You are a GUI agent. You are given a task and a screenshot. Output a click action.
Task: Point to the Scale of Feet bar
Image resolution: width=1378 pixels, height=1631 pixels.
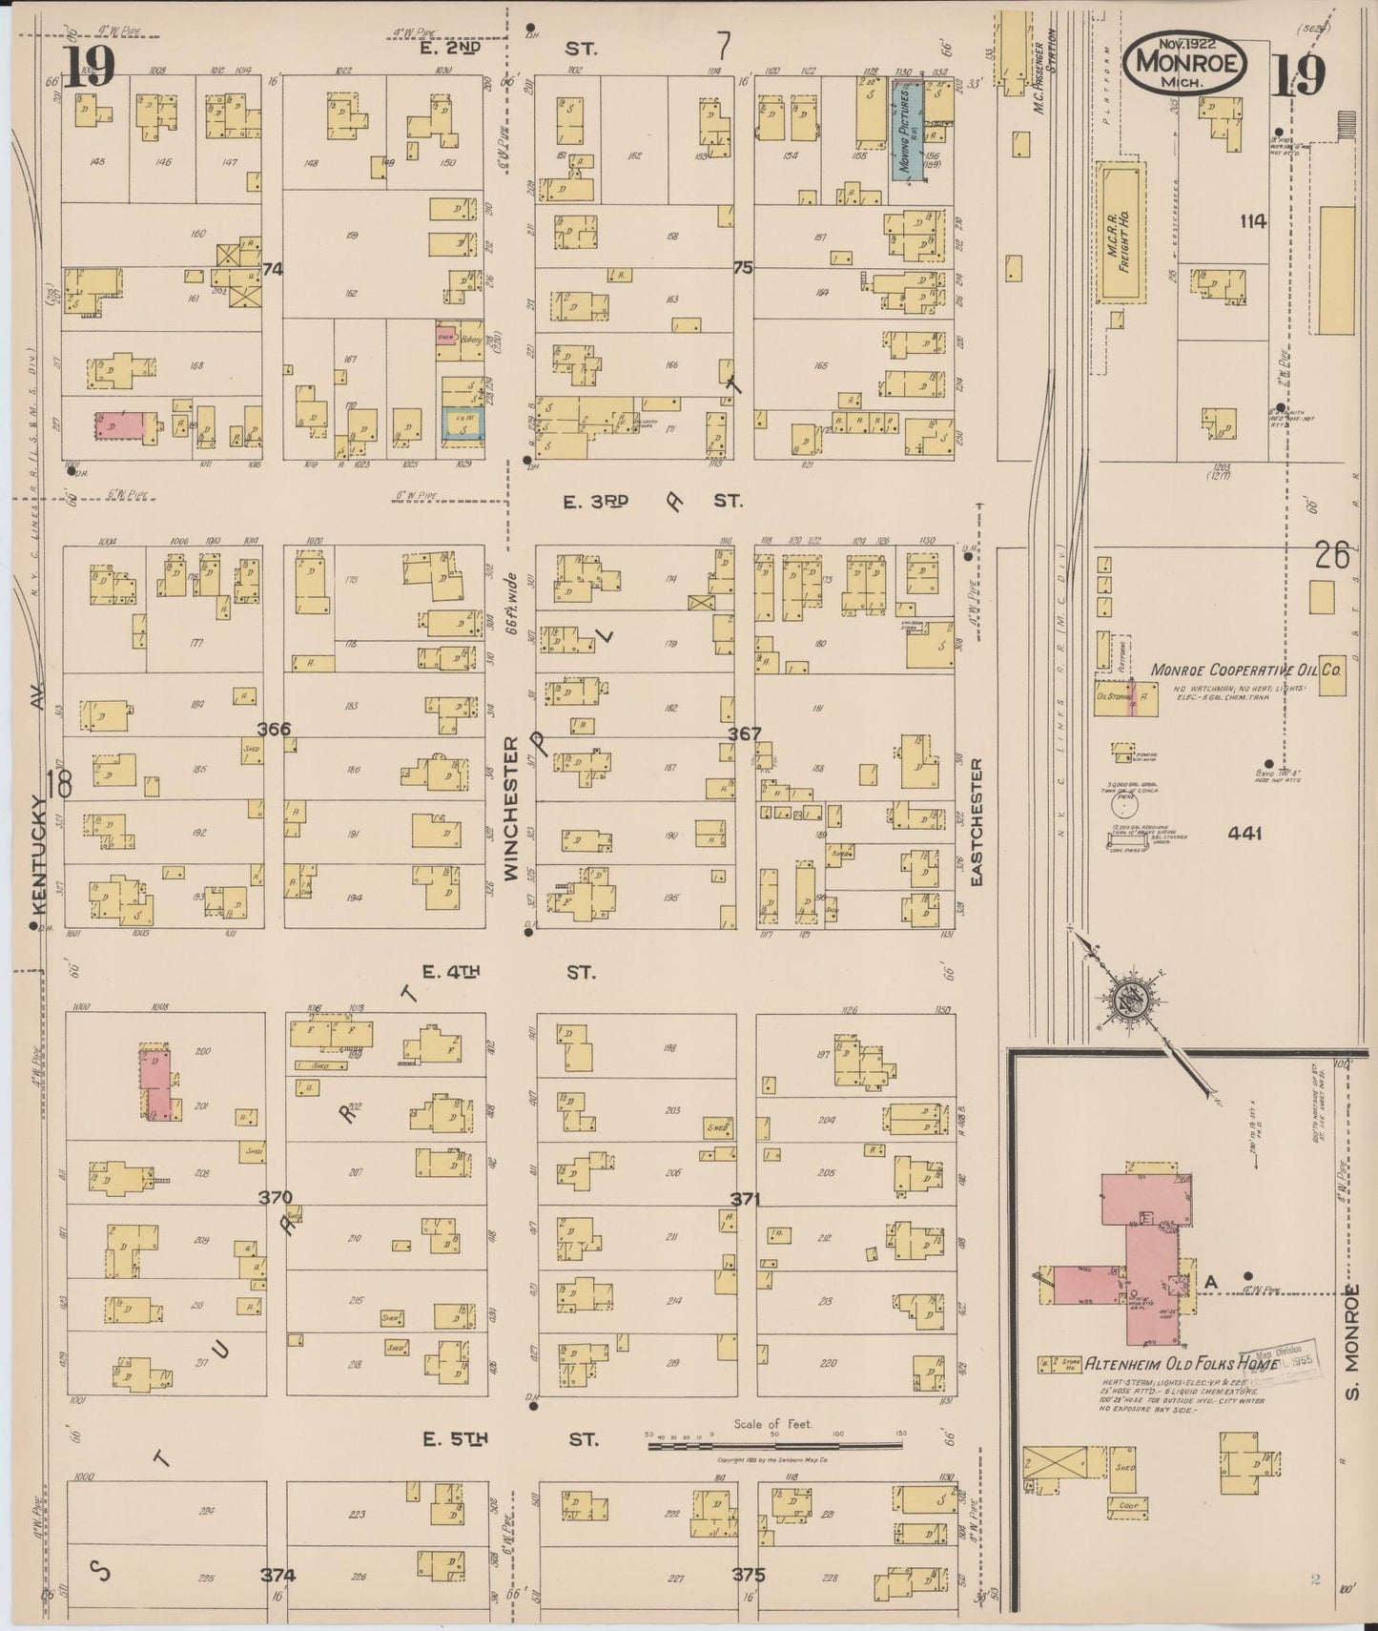click(773, 1446)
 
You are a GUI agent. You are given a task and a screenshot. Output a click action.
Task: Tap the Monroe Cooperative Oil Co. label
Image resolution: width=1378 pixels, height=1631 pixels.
click(1247, 670)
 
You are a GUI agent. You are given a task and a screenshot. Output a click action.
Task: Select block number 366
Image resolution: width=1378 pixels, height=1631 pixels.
click(274, 730)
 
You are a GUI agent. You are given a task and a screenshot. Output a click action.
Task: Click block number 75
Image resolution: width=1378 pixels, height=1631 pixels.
click(742, 268)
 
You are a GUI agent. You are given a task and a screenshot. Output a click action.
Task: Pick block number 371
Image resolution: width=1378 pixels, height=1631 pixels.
click(744, 1199)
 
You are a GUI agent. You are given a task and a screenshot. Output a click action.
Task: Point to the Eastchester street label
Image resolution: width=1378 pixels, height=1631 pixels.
click(976, 822)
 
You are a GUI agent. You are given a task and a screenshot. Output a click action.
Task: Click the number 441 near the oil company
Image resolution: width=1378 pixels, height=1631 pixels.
click(1244, 833)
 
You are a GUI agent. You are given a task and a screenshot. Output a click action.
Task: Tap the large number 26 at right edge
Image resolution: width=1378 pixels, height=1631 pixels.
click(1331, 555)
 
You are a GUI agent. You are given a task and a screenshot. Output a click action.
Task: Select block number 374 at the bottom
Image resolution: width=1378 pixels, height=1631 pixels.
click(278, 1575)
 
